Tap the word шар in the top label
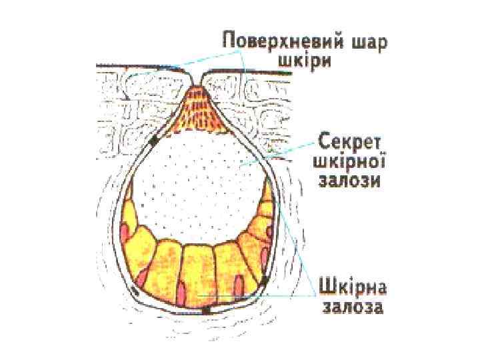[368, 41]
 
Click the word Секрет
[349, 142]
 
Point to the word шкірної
[349, 162]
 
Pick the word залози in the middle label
[349, 182]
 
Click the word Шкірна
[353, 288]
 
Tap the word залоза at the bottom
[353, 309]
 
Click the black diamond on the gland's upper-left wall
[155, 141]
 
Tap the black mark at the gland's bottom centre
[206, 310]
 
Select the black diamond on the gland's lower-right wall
[265, 282]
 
